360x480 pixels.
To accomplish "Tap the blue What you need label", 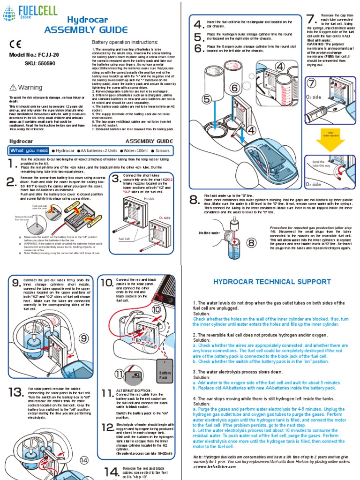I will point(29,150).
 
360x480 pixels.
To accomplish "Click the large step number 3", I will point(116,179).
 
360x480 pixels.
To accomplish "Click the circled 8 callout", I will point(252,242).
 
